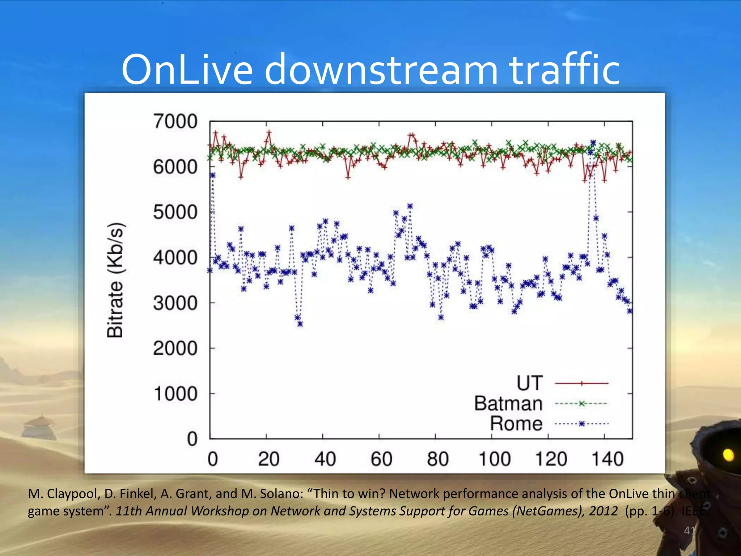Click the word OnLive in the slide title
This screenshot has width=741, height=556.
point(187,69)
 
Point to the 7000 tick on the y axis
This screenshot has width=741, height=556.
point(175,121)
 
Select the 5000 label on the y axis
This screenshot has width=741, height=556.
point(175,212)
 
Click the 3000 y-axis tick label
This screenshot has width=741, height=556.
point(175,303)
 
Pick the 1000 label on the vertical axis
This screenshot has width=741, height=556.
point(175,394)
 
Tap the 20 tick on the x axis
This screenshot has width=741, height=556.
point(268,459)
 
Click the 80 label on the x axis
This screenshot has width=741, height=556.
point(437,459)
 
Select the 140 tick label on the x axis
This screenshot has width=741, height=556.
point(607,459)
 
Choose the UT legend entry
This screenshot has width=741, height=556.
point(530,383)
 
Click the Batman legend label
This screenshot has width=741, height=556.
point(508,403)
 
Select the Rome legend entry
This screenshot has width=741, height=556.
point(516,424)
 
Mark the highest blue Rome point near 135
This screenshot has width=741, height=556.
point(593,143)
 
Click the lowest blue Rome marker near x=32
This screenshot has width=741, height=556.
point(300,324)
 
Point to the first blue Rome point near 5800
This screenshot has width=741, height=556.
point(213,175)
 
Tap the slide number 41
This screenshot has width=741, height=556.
point(689,531)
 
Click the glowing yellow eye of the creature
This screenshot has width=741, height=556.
point(728,455)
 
